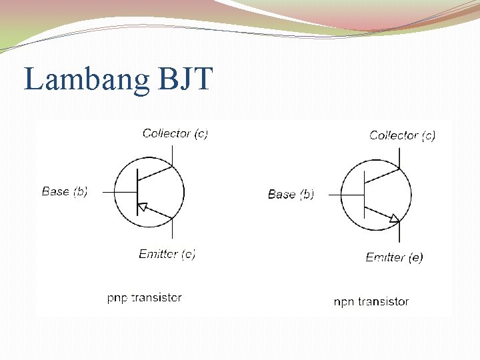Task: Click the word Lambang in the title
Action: (87, 79)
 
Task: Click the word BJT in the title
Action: (185, 79)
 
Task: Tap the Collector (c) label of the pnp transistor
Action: (175, 133)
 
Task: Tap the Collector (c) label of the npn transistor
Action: (402, 135)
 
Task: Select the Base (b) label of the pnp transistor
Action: (65, 191)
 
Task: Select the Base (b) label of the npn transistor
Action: (291, 194)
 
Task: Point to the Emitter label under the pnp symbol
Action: (167, 254)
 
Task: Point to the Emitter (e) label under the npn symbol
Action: (394, 257)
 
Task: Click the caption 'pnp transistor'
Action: (144, 298)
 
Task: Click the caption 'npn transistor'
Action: (371, 301)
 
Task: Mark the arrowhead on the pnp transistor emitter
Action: (142, 207)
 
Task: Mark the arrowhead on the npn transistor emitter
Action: (394, 218)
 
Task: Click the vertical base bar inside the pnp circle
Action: (137, 192)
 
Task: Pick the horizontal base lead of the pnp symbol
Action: (120, 192)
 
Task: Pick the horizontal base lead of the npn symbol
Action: (347, 195)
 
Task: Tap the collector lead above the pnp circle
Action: (173, 154)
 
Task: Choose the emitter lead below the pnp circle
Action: (173, 229)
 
